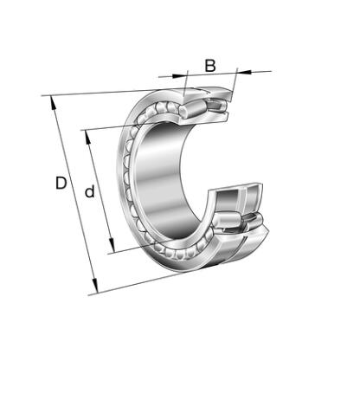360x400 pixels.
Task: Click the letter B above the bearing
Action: pos(210,66)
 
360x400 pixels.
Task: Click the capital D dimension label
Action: pos(61,183)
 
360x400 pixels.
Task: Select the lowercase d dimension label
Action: pos(90,191)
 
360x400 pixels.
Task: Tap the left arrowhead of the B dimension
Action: pos(178,76)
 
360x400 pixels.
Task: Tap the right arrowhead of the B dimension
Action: pos(243,71)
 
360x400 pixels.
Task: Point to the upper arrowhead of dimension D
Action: pos(53,103)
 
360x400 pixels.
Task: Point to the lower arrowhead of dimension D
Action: pos(95,286)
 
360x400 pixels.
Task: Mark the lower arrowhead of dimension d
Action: pos(112,245)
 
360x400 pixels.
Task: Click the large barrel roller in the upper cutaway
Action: pos(192,109)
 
